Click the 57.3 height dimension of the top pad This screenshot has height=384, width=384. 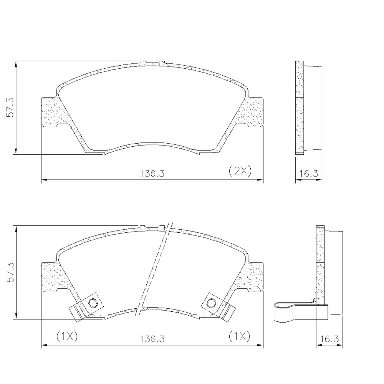(x=10, y=108)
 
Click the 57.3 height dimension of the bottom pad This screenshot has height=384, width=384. (x=10, y=273)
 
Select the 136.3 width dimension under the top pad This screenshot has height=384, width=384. (x=152, y=174)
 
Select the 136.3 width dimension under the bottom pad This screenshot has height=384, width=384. (x=152, y=339)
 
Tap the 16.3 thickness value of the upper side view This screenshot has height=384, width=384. (x=309, y=174)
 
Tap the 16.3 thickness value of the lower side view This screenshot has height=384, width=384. (x=329, y=339)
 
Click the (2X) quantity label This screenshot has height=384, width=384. (x=240, y=171)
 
